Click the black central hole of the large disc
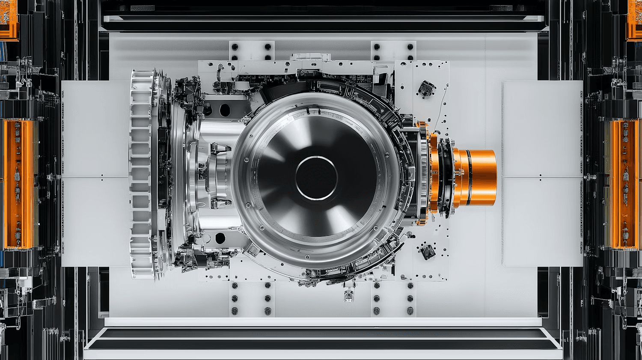(x=316, y=178)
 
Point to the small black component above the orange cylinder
(x=426, y=89)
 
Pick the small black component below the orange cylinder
(x=427, y=252)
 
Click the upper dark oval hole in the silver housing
(x=225, y=110)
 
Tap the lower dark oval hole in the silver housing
(x=220, y=238)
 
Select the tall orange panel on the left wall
(x=18, y=184)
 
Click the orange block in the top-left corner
(x=9, y=19)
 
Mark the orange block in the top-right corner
(x=634, y=19)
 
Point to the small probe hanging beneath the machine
(x=349, y=295)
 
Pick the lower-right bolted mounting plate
(x=393, y=299)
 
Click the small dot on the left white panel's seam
(x=102, y=175)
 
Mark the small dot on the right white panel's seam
(x=540, y=176)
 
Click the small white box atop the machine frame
(x=311, y=57)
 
